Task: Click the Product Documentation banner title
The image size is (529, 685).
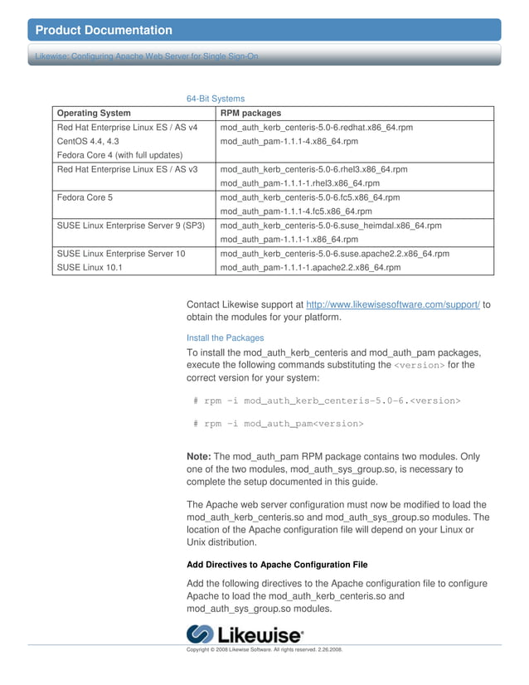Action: pos(104,31)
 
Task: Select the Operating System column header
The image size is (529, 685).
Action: pos(94,113)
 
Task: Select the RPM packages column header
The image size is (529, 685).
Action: pos(250,113)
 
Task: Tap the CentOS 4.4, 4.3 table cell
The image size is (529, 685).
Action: pos(88,141)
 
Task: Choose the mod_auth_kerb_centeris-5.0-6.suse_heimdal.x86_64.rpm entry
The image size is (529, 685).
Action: pos(331,226)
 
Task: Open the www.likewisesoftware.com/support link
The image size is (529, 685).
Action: pos(393,304)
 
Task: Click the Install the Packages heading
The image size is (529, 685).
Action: pos(226,338)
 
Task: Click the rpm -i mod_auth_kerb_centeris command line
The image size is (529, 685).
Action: pos(327,401)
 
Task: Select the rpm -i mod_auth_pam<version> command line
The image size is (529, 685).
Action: pos(279,424)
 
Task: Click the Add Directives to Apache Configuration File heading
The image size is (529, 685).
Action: pos(277,565)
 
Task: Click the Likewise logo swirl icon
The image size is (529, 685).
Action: pos(201,635)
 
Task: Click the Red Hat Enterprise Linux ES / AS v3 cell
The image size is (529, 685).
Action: pos(127,169)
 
